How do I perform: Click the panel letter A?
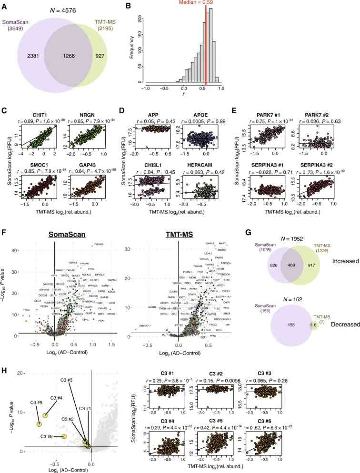pyautogui.click(x=4, y=5)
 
